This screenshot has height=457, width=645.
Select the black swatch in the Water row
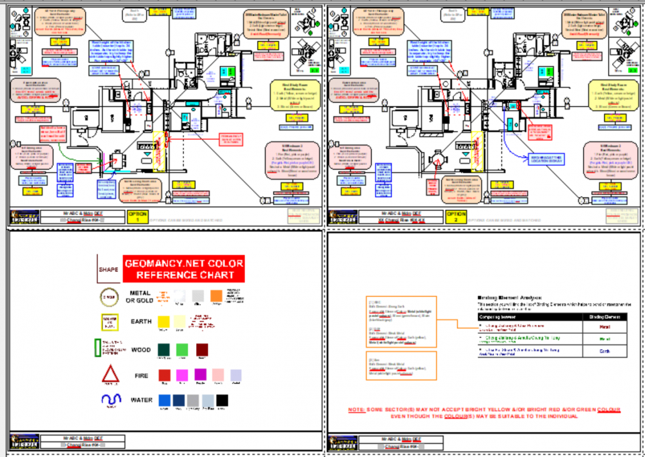pyautogui.click(x=222, y=400)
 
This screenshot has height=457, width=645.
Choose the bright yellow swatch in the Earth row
pyautogui.click(x=164, y=321)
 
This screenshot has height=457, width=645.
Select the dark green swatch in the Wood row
pyautogui.click(x=164, y=350)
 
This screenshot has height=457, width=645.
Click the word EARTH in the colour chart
pyautogui.click(x=141, y=321)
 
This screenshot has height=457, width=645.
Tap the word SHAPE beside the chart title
pyautogui.click(x=108, y=269)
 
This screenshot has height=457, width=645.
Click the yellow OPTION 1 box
pyautogui.click(x=138, y=215)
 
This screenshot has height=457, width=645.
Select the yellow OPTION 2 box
pyautogui.click(x=457, y=215)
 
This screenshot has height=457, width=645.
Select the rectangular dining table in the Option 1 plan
pyautogui.click(x=117, y=159)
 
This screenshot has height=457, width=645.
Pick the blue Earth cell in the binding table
pyautogui.click(x=604, y=351)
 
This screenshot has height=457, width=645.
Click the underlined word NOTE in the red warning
pyautogui.click(x=356, y=410)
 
